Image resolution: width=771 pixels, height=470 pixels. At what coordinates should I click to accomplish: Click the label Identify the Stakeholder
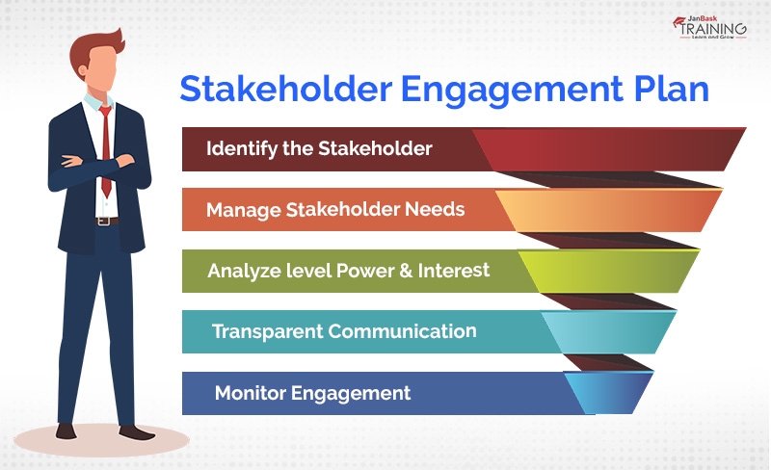click(x=319, y=149)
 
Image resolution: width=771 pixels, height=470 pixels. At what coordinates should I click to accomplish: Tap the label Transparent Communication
click(x=344, y=331)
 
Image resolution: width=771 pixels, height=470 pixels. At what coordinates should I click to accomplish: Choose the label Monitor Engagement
click(x=312, y=393)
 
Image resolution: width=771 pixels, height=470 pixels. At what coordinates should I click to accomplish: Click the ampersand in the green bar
click(x=409, y=271)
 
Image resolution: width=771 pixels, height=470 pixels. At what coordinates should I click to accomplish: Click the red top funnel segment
click(x=617, y=149)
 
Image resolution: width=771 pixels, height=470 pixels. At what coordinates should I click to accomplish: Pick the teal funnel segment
click(x=607, y=332)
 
